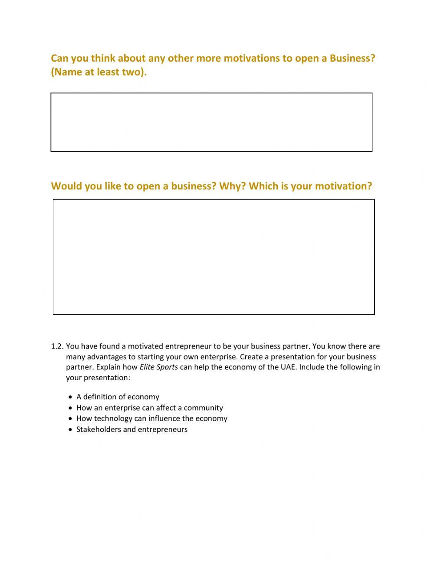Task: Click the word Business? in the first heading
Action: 352,58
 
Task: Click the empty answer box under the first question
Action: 211,122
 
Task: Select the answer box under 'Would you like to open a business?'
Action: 214,257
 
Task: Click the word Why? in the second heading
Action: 232,186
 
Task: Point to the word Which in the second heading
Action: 264,186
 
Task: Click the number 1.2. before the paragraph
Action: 57,346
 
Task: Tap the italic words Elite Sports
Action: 158,367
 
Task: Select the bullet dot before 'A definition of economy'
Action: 70,397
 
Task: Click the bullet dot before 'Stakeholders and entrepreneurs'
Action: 70,430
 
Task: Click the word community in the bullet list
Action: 203,408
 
